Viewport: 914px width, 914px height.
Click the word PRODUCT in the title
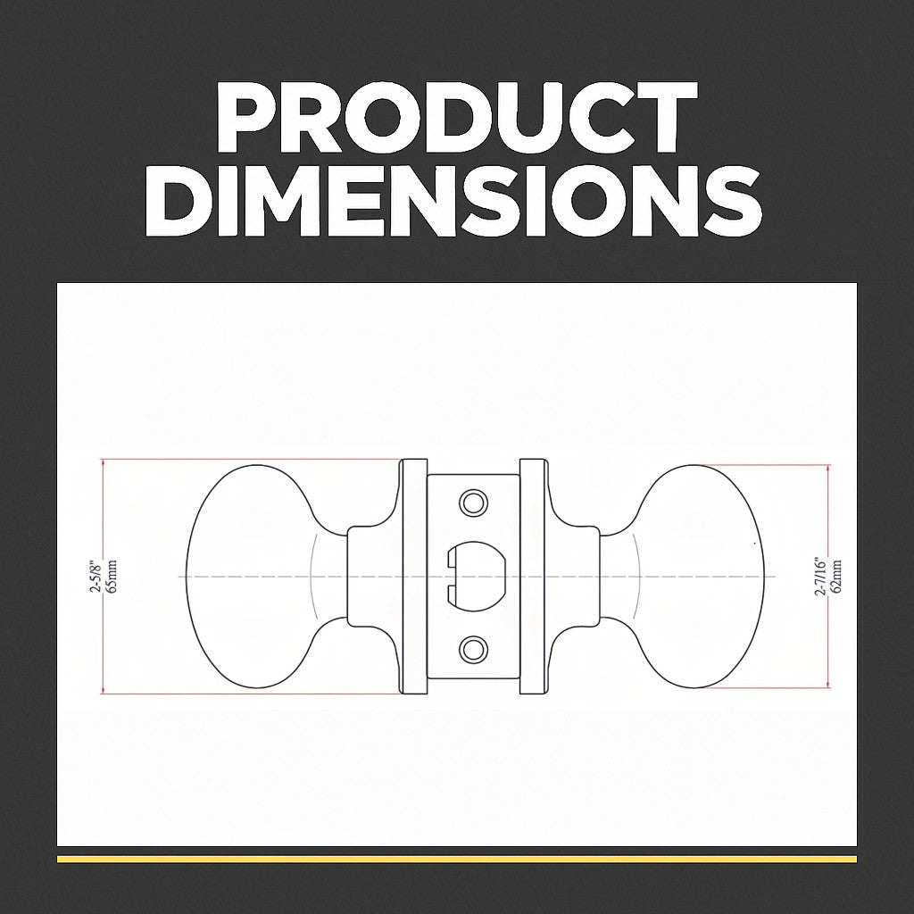pyautogui.click(x=457, y=117)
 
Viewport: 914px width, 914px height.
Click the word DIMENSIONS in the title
pyautogui.click(x=453, y=201)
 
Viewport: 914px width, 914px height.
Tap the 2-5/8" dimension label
pyautogui.click(x=96, y=577)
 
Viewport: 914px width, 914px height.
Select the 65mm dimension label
pyautogui.click(x=112, y=577)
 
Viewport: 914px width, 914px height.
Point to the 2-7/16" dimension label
pyautogui.click(x=821, y=576)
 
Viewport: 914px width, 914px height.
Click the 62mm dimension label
pyautogui.click(x=836, y=577)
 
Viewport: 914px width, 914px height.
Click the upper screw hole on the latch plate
pyautogui.click(x=473, y=503)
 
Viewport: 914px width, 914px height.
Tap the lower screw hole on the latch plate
pyautogui.click(x=473, y=650)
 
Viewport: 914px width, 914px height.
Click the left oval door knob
pyautogui.click(x=256, y=577)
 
